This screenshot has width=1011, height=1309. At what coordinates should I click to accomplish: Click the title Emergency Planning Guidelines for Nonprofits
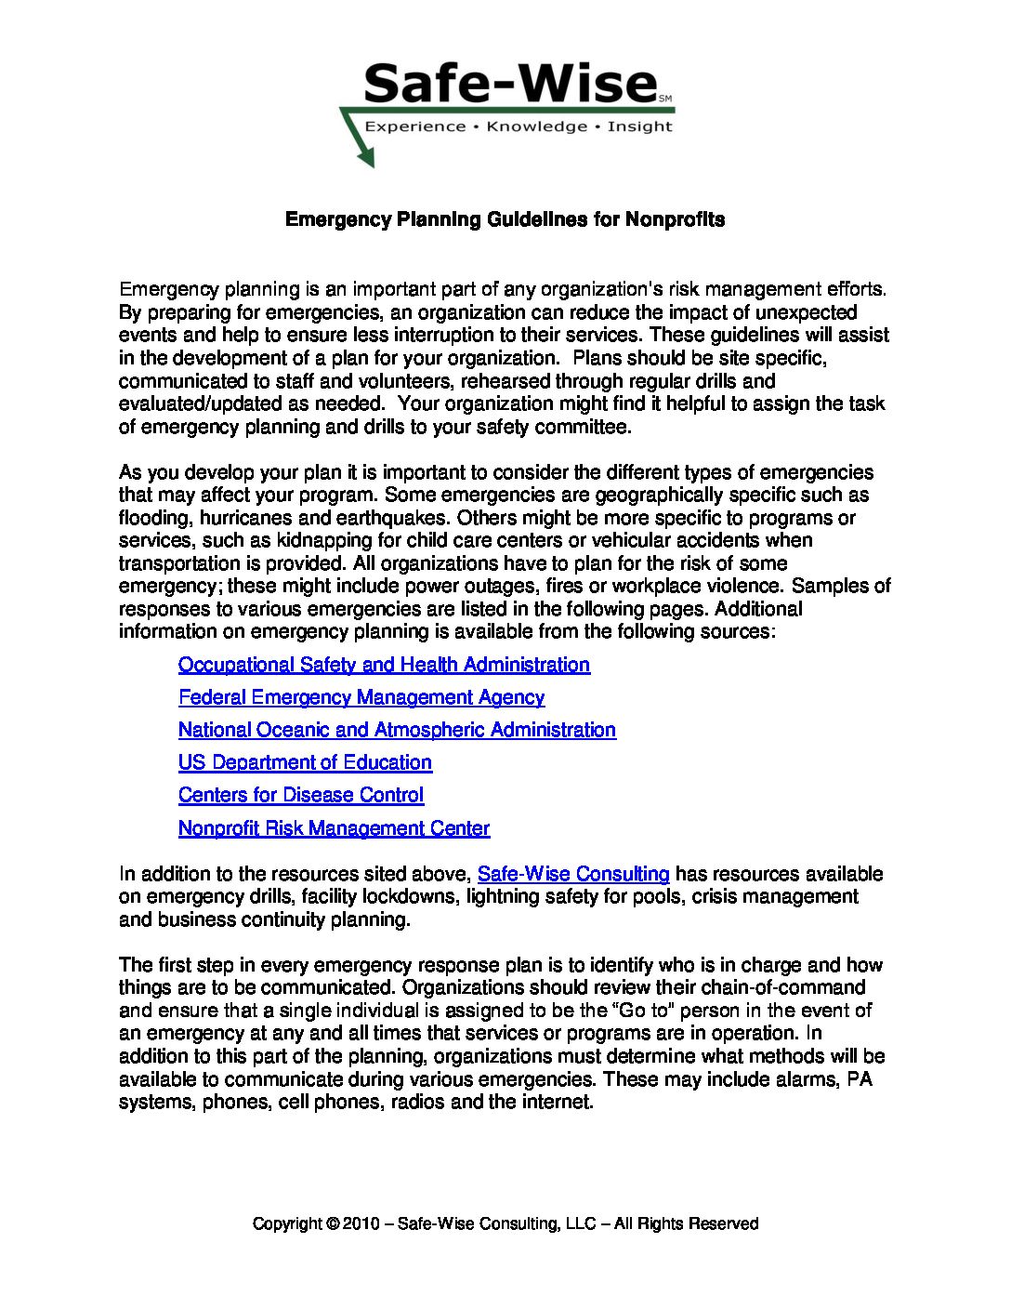[x=505, y=219]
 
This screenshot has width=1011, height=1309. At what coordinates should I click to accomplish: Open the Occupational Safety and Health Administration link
[x=384, y=665]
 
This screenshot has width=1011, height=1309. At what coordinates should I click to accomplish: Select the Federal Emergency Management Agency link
[x=361, y=697]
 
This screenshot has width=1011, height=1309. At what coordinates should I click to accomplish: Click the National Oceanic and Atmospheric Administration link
[x=397, y=730]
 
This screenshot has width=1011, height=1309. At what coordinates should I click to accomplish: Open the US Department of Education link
[x=305, y=762]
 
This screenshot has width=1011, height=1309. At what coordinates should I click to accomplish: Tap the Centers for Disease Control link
[x=301, y=795]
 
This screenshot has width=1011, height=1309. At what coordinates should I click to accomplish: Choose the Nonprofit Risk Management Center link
[x=334, y=828]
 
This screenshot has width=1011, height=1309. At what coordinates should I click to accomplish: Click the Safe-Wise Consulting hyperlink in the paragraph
[x=573, y=874]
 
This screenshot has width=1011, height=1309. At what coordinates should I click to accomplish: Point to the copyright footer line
[x=505, y=1223]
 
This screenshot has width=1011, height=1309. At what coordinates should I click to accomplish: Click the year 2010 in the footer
[x=361, y=1223]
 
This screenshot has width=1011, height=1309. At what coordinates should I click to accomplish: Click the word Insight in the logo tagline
[x=639, y=126]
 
